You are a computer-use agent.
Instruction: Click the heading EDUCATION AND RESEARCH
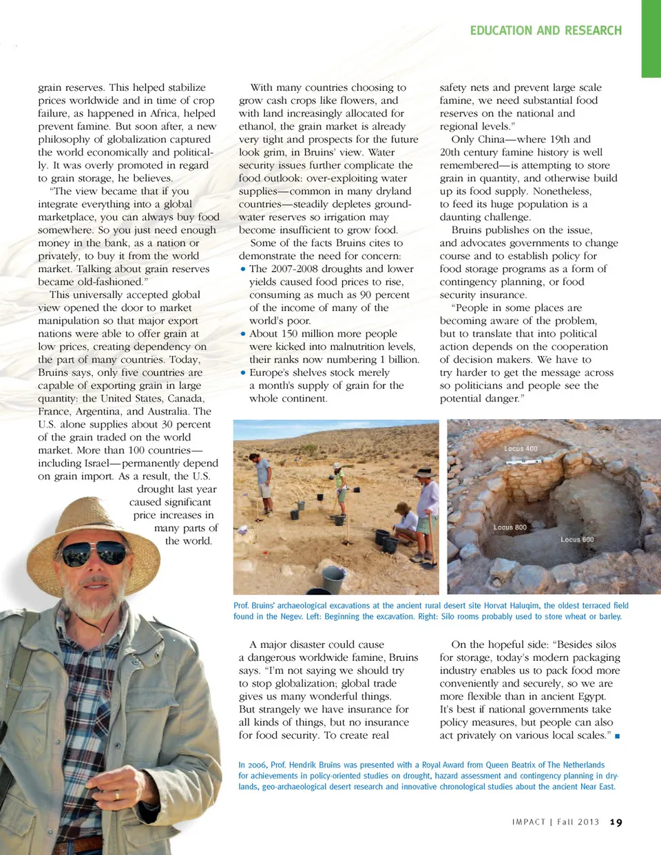coord(545,30)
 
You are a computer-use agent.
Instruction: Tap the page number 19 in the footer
coord(616,822)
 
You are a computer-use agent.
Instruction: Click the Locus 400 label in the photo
coord(521,449)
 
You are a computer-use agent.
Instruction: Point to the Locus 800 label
coord(510,527)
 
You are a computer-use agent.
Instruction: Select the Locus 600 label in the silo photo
coord(577,540)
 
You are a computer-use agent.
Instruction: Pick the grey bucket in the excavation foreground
coord(333,580)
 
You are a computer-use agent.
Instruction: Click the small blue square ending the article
coord(617,736)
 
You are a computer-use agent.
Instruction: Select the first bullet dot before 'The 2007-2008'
coord(243,269)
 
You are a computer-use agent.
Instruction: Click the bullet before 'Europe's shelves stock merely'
coord(243,373)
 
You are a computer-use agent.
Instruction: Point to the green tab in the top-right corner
coord(651,38)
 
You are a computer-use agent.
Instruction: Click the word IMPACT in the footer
coord(528,822)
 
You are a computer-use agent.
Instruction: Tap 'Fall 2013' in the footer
coord(578,822)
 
